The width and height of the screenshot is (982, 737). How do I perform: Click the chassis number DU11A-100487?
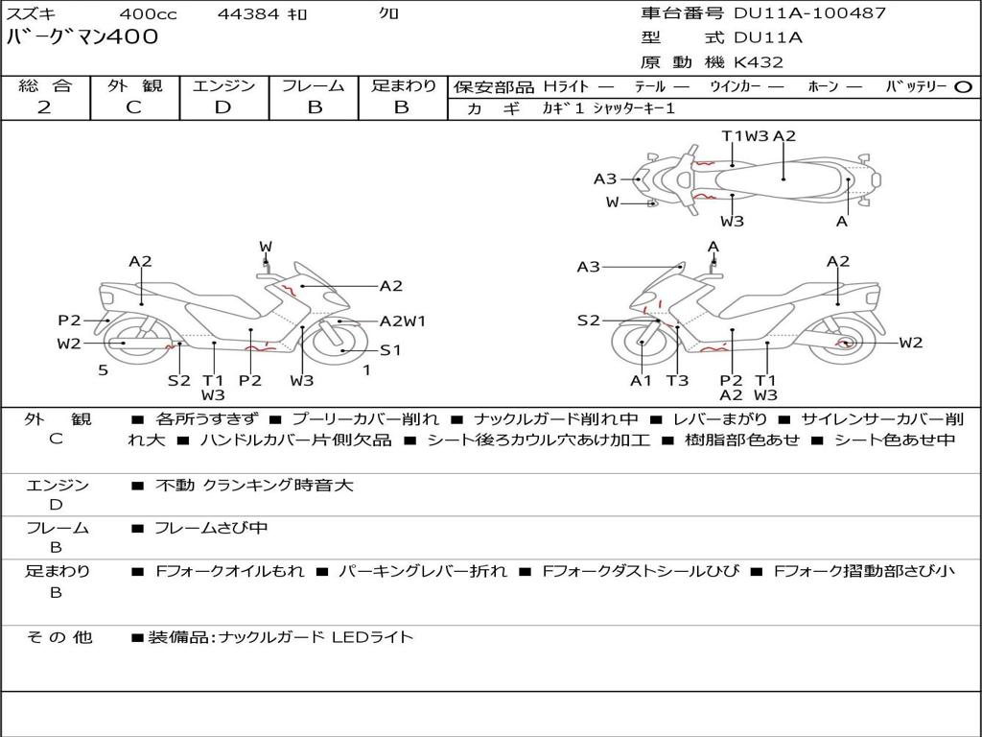coord(809,13)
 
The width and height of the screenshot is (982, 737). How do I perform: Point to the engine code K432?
coord(759,62)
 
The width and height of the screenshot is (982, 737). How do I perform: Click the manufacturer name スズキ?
coord(32,13)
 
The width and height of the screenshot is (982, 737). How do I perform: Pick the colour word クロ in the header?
coord(388,13)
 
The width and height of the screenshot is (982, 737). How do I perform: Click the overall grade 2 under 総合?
coord(44,107)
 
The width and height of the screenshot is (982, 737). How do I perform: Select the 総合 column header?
coord(44,85)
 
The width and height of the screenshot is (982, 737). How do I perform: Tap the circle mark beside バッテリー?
coord(963,86)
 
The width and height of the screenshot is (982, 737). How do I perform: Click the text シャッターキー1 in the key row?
coord(634,108)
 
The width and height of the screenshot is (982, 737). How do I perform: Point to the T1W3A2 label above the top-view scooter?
coord(759,135)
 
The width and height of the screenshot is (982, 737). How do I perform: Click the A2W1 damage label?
coord(402,321)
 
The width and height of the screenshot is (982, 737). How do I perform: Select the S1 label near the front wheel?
coord(390,350)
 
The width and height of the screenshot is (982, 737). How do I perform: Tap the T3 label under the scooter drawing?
coord(677,381)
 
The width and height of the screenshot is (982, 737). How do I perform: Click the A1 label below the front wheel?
coord(641,381)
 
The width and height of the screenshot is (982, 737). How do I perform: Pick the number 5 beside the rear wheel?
coord(103,369)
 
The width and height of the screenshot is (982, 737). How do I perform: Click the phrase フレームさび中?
coord(211,528)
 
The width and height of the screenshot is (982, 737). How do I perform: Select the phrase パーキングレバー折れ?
coord(423,571)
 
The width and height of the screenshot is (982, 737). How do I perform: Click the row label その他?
coord(58,636)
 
